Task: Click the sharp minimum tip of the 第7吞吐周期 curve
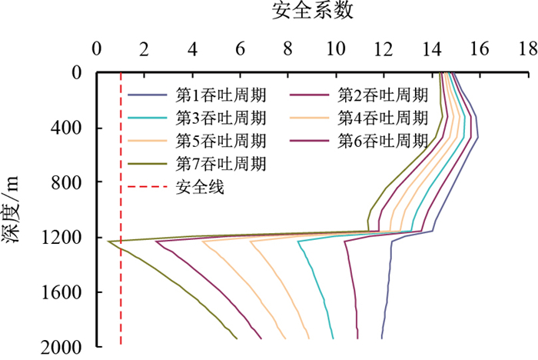coord(108,242)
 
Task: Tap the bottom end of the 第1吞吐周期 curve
coord(381,338)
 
